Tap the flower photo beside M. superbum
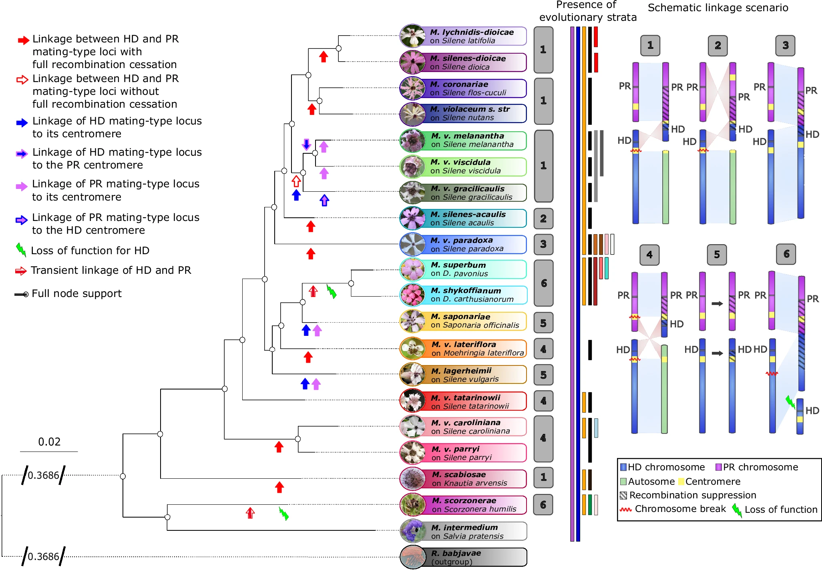[412, 269]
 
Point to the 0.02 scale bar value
[49, 442]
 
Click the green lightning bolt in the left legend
[21, 250]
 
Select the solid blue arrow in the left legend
[22, 122]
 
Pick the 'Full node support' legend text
[76, 293]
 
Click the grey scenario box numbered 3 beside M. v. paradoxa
[543, 244]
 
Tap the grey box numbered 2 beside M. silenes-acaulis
[543, 219]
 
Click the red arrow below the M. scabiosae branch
[279, 487]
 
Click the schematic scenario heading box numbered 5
[717, 255]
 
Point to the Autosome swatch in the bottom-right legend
[623, 482]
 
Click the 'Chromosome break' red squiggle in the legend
[625, 510]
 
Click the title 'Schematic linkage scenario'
[717, 8]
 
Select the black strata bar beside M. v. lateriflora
[590, 349]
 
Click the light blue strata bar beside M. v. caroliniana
[596, 428]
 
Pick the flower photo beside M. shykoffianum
[412, 295]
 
